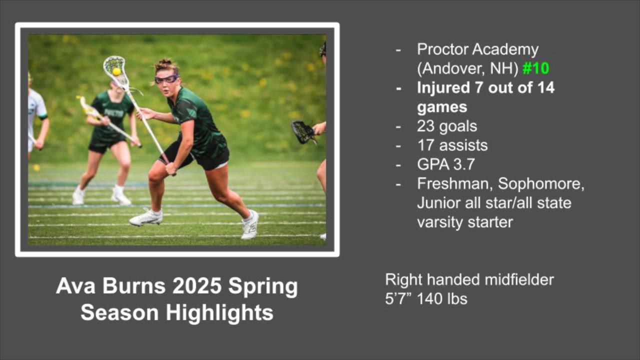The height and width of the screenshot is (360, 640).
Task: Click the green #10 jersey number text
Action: [x=535, y=68]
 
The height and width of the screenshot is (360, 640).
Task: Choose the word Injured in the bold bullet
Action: [x=443, y=88]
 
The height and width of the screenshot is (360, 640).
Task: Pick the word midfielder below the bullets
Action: [x=519, y=279]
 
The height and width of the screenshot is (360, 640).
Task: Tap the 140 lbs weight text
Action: [x=442, y=299]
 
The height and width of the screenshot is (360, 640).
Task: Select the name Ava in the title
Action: [x=75, y=286]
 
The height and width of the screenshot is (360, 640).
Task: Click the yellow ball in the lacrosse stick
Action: [x=116, y=71]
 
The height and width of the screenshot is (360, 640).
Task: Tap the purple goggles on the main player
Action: [x=166, y=78]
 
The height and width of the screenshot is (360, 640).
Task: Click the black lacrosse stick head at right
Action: [x=303, y=132]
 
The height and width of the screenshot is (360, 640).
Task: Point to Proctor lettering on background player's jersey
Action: [x=113, y=113]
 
